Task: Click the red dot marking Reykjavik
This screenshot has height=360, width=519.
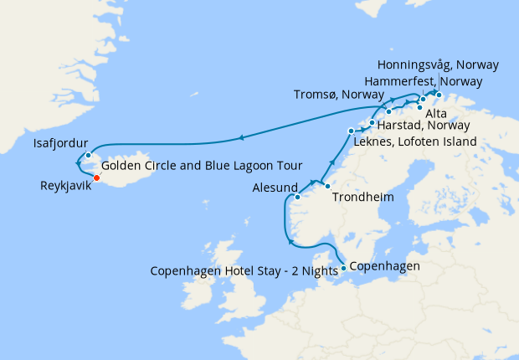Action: [x=97, y=177]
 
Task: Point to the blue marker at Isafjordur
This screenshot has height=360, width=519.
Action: [x=88, y=156]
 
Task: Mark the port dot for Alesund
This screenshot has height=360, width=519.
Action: [x=298, y=198]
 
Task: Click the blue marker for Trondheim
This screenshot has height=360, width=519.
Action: [x=327, y=186]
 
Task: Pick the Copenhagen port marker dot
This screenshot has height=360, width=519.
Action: [x=344, y=269]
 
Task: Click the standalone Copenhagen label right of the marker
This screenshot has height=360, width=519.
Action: [x=383, y=266]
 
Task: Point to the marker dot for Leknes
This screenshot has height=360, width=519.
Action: [x=351, y=131]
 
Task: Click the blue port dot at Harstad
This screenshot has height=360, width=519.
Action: [x=372, y=122]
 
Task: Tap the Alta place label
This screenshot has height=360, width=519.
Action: [x=435, y=112]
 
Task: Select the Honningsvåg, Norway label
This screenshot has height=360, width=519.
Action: [x=438, y=64]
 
